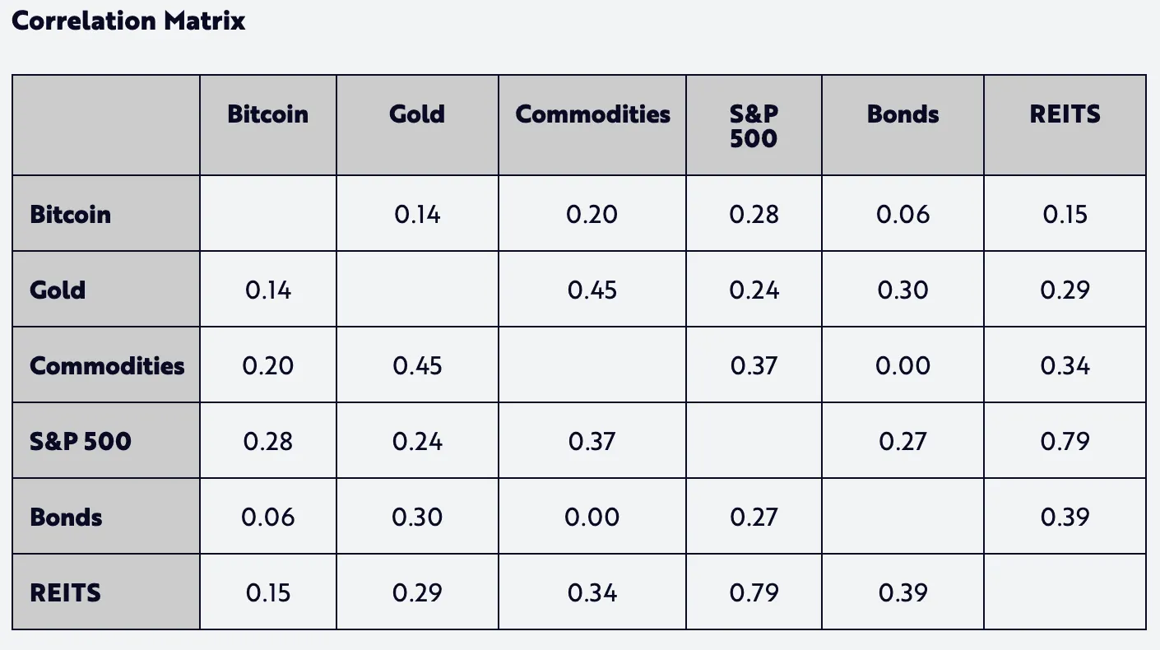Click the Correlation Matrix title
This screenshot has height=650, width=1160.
pos(128,21)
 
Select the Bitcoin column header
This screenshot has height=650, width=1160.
pos(267,114)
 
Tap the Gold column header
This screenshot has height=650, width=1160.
pos(417,114)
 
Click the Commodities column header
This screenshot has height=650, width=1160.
pos(592,114)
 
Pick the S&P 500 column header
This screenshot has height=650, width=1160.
pos(753,125)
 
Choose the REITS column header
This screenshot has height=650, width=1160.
pos(1065,114)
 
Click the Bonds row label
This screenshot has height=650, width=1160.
pos(66,517)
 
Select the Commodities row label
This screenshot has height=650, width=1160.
pos(107,365)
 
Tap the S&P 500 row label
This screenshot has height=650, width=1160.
pos(80,441)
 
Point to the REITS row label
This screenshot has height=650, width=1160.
pos(65,592)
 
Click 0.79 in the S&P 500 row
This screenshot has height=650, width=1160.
pos(1065,441)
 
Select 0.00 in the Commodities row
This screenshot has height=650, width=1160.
pos(902,365)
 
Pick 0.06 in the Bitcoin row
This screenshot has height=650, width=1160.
pos(902,214)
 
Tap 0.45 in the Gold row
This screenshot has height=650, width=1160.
pos(592,290)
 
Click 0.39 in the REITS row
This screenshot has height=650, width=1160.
pos(902,592)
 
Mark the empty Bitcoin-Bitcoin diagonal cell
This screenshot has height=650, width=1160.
pos(267,214)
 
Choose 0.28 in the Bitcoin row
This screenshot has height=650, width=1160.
pos(754,214)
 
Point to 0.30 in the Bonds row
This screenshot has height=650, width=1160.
pos(417,517)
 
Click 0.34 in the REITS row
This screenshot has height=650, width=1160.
pos(592,592)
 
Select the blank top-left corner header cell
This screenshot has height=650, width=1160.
pos(105,125)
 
